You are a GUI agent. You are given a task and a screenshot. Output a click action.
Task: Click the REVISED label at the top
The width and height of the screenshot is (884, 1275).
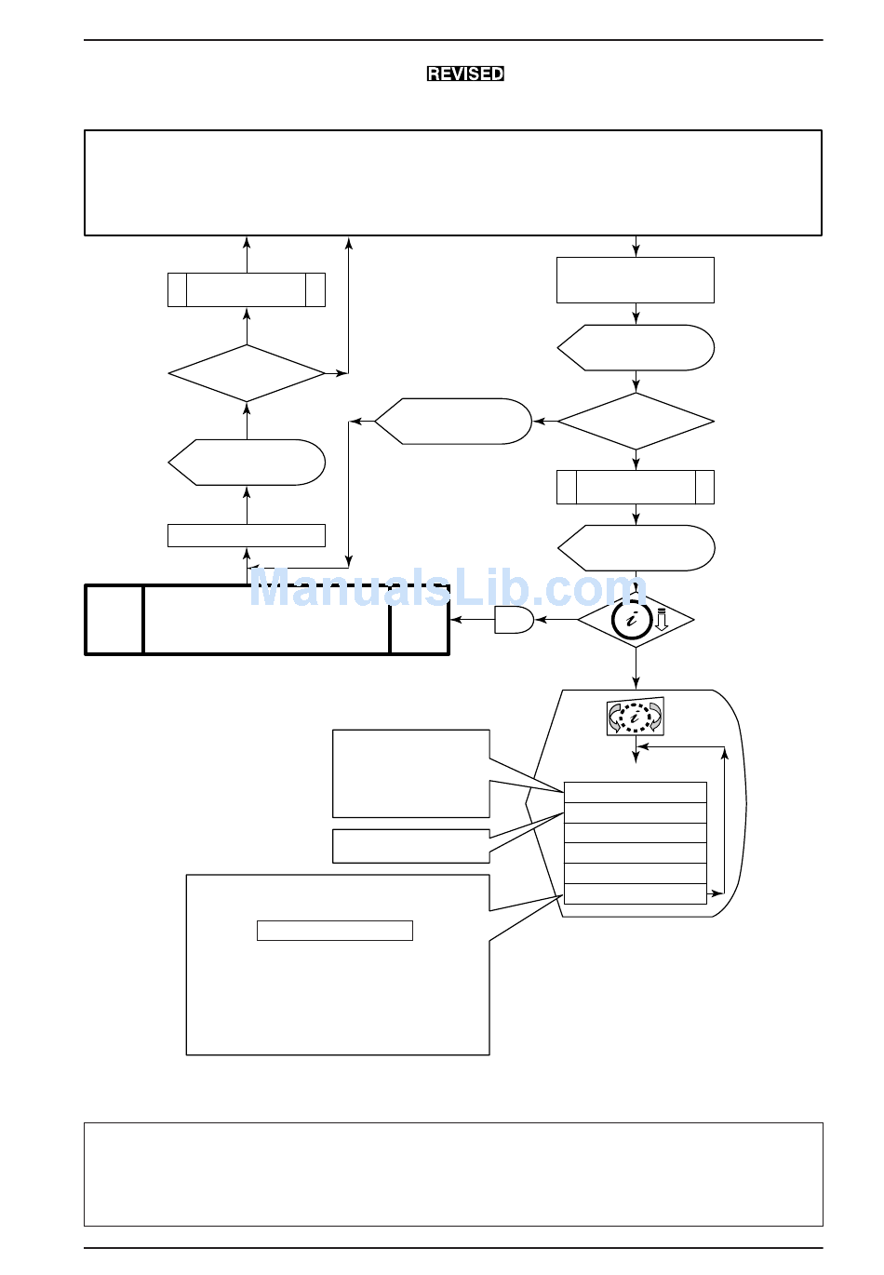tap(465, 74)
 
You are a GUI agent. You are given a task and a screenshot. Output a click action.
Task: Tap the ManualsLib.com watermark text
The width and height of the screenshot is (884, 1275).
tap(448, 587)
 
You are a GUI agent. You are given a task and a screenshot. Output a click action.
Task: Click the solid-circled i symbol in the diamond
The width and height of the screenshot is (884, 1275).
tap(631, 619)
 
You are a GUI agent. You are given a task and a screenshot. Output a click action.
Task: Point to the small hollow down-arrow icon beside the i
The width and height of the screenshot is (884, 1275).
tap(661, 619)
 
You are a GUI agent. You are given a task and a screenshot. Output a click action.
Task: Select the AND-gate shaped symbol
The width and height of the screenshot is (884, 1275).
tap(514, 620)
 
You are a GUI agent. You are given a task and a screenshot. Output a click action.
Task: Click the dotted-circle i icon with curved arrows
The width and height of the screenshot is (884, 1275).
tap(636, 717)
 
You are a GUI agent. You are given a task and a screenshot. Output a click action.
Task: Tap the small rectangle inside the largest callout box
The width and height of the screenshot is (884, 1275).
tap(335, 931)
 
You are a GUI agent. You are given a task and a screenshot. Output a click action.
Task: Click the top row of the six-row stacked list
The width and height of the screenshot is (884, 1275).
tap(636, 792)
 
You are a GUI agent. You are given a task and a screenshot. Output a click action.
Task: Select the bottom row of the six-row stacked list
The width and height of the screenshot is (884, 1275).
tap(636, 893)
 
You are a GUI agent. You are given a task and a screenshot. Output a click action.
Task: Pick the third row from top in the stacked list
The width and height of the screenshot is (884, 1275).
tap(636, 833)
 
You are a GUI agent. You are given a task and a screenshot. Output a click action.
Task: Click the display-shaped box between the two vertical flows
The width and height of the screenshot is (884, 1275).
tap(453, 422)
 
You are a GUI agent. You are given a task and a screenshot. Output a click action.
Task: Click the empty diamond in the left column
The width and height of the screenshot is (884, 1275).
tap(247, 373)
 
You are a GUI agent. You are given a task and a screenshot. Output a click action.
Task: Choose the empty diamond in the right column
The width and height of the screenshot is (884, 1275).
tap(636, 422)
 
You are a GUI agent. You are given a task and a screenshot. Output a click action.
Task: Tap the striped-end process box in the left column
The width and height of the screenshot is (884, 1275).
tap(247, 289)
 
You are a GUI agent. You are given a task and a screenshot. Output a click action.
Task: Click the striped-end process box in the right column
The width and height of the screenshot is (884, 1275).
tap(636, 488)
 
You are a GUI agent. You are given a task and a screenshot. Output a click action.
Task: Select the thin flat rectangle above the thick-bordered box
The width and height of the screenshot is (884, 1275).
tap(247, 536)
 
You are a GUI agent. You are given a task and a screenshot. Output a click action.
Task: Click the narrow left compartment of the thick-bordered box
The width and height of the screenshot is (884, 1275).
tap(114, 620)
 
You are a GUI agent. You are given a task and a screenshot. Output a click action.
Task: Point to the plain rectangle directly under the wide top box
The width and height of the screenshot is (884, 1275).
tap(636, 280)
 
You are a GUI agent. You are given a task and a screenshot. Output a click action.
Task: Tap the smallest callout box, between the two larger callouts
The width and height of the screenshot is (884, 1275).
tap(411, 846)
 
